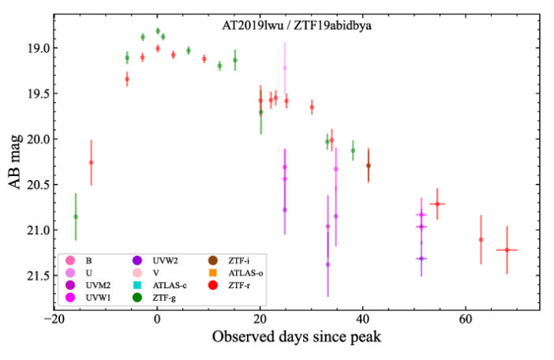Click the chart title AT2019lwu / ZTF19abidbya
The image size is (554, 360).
click(296, 25)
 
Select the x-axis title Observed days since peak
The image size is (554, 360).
click(296, 337)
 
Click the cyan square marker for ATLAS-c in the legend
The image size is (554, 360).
click(137, 285)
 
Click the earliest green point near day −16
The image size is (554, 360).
click(76, 216)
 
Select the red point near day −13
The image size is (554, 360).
click(91, 162)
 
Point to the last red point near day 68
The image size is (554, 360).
click(507, 249)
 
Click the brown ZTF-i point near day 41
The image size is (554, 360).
click(368, 166)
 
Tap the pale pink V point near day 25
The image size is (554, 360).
click(285, 68)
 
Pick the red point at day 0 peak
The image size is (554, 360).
click(158, 48)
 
